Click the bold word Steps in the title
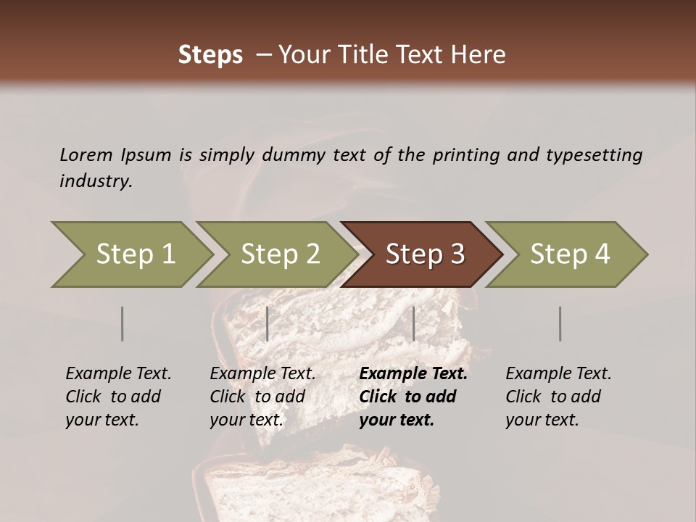[x=210, y=55]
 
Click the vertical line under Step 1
[x=123, y=323]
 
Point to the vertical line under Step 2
[x=268, y=323]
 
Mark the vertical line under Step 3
[x=414, y=323]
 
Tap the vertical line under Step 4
[x=560, y=323]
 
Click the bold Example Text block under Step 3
[x=413, y=397]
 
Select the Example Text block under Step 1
[x=118, y=397]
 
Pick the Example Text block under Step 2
[x=262, y=397]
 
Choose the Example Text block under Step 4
[x=558, y=397]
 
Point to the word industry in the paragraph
[x=95, y=181]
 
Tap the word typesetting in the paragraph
[x=594, y=155]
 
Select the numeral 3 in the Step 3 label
[x=456, y=254]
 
